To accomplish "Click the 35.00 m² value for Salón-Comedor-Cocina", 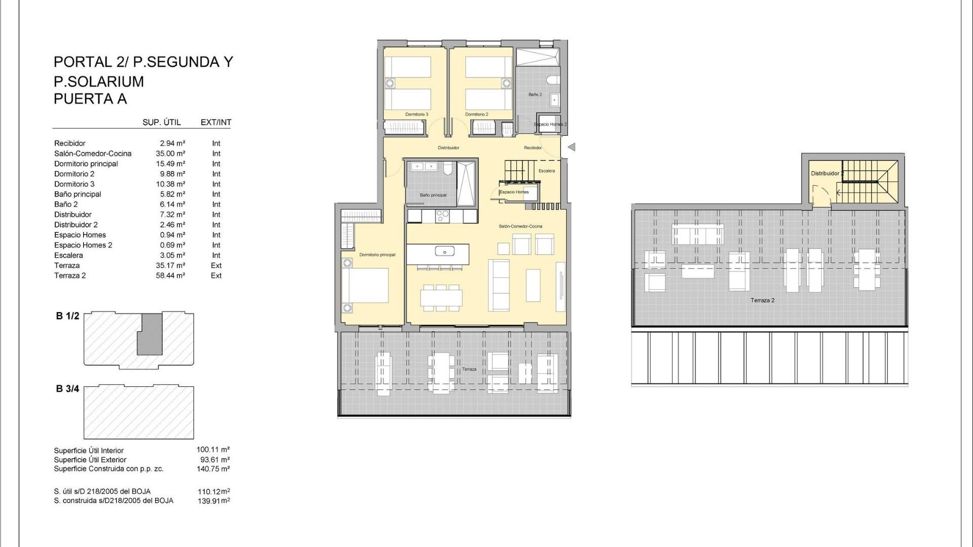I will (170, 153).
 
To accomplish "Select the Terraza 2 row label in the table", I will (70, 276).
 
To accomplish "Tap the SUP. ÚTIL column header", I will (161, 122).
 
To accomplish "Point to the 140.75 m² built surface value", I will (213, 469).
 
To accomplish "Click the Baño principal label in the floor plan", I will (433, 195).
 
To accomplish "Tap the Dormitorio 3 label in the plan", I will (417, 114).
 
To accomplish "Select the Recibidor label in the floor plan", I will (533, 148).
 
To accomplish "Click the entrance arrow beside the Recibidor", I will (571, 147).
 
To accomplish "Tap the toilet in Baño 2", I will (553, 80).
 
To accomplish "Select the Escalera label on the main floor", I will (546, 171).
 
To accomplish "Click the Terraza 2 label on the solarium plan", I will (762, 300).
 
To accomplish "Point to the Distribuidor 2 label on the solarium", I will (826, 173).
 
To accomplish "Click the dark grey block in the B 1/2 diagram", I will (150, 334).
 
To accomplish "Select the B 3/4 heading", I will (67, 389).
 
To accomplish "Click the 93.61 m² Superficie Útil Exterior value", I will (215, 460).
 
